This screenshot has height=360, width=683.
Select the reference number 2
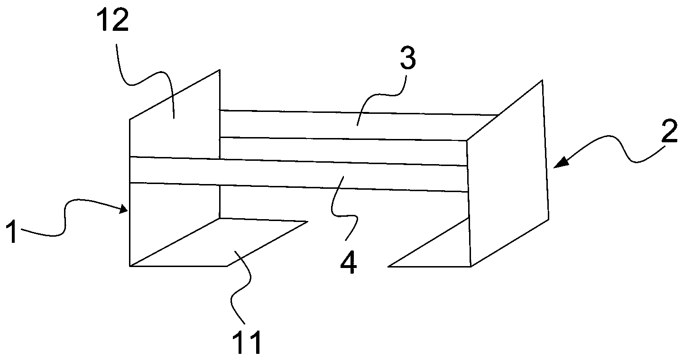point(669,135)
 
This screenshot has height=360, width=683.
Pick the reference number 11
point(247,343)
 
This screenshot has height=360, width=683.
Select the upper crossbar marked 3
point(341,126)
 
